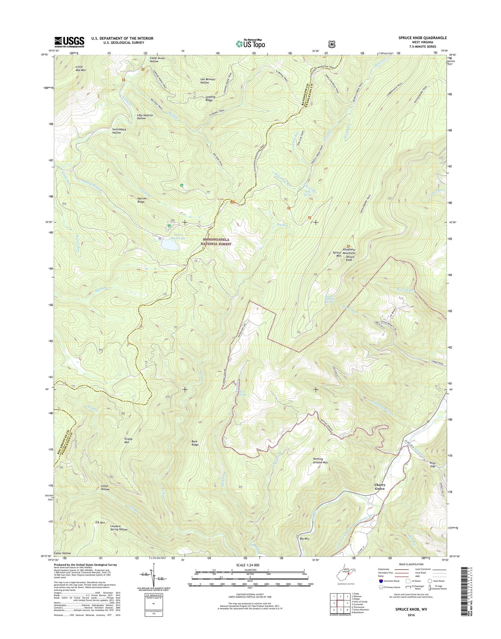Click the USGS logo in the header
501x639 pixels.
69,42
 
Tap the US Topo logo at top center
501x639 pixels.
250,43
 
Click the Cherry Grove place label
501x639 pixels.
380,487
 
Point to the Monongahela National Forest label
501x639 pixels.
216,242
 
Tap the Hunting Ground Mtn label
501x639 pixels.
318,461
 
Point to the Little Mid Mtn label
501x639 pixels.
80,68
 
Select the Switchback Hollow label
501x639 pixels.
116,131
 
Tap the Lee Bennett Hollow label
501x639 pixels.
208,81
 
